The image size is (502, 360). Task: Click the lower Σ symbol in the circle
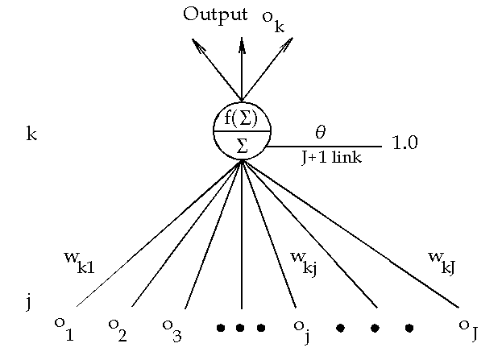[242, 146]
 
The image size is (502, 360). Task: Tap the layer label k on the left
[31, 134]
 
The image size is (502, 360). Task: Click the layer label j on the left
[28, 304]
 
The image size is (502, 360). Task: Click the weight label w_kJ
[444, 260]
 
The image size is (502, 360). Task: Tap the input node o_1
[64, 329]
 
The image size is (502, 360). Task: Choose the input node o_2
[118, 329]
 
